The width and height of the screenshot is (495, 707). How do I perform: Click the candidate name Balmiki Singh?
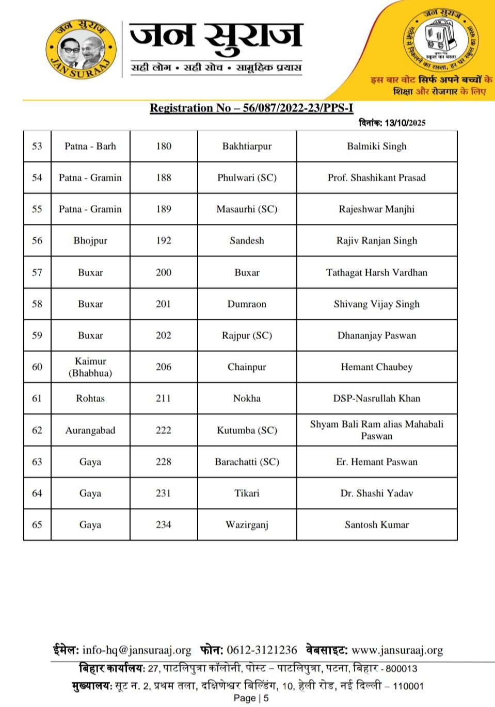click(376, 146)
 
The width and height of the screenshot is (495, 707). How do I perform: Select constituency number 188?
click(163, 178)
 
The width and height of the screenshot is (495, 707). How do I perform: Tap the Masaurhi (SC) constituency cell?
click(247, 209)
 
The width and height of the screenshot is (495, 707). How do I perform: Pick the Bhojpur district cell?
click(90, 241)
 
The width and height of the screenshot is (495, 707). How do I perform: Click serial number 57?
click(37, 272)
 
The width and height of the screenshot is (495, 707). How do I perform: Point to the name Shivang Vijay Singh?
click(376, 304)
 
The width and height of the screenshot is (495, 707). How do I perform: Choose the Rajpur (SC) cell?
click(247, 336)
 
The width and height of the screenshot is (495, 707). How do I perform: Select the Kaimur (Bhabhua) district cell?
click(90, 367)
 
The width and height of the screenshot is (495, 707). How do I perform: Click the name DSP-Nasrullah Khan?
click(376, 399)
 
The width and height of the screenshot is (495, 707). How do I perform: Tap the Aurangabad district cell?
click(90, 431)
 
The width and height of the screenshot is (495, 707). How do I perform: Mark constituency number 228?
click(163, 462)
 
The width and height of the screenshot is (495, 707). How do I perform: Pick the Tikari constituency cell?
click(247, 494)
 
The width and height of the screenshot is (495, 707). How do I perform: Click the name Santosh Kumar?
click(376, 525)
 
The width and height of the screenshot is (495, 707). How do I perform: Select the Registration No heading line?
click(251, 108)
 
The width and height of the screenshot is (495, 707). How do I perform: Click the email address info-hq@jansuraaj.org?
click(137, 650)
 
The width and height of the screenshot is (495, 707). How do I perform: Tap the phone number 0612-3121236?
click(262, 650)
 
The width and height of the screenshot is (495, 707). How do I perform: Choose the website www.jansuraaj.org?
click(397, 650)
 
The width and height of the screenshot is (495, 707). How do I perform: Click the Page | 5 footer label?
click(251, 698)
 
